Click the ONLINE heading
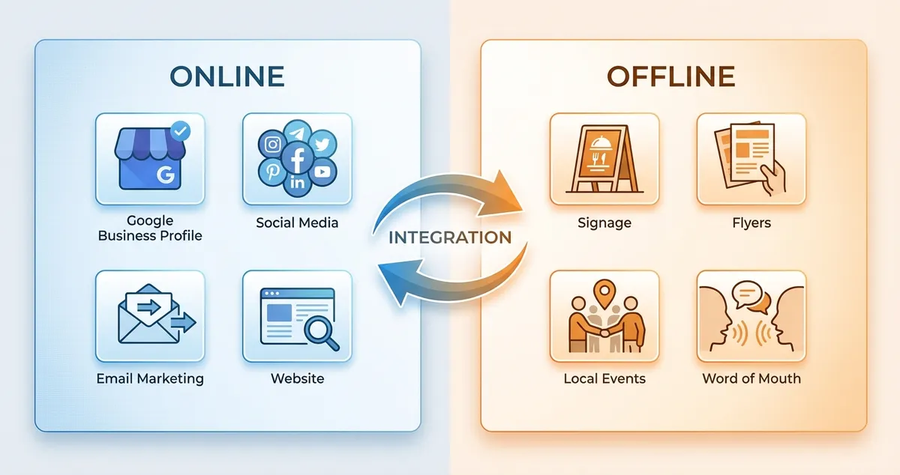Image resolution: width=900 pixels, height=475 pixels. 226,76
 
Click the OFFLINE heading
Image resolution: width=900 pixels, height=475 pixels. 671,76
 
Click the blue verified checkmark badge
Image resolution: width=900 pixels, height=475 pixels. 180,131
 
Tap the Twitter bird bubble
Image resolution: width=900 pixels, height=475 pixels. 322,145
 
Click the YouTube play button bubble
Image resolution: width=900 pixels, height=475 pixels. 322,172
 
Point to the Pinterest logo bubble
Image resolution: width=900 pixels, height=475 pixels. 271,172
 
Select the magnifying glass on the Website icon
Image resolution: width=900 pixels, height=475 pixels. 322,333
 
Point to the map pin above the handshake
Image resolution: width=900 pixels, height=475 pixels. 604,291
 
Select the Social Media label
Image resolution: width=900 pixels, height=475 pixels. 297,223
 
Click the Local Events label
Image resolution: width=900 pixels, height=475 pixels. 604,378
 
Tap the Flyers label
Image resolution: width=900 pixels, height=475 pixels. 751,223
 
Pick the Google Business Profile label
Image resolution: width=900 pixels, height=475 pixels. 149,228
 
